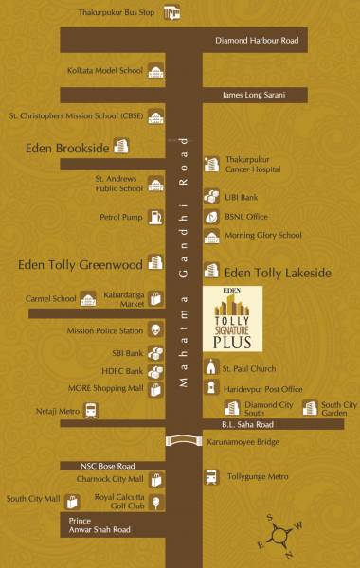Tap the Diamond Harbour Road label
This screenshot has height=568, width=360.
256,41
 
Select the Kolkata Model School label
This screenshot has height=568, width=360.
105,71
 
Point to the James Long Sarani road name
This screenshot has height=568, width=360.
252,94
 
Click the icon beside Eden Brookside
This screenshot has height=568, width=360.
121,146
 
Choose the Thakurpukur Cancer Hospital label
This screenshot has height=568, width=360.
259,167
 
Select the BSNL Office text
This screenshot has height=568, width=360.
246,216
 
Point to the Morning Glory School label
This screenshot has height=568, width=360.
263,235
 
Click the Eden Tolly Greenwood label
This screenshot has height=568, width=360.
80,263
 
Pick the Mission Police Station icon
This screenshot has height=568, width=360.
154,330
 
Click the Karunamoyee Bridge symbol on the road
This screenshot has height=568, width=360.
182,440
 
